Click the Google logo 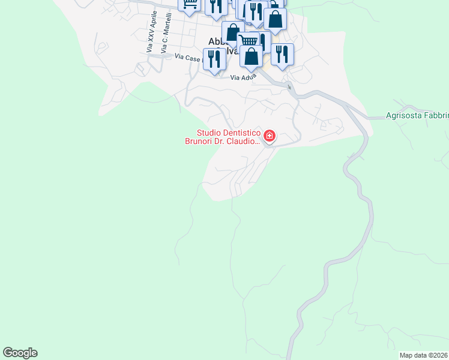tap(20, 353)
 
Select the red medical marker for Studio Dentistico tap(270, 136)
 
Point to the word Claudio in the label tap(244, 142)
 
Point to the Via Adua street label tap(243, 77)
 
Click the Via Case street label tap(188, 57)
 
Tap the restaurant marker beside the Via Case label tap(214, 59)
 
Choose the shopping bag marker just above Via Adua tap(252, 57)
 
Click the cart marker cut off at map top tap(190, 5)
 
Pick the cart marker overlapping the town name tap(249, 41)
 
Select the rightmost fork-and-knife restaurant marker tap(282, 53)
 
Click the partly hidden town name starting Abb tap(215, 41)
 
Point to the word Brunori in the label tap(203, 142)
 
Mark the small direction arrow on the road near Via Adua tap(289, 87)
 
